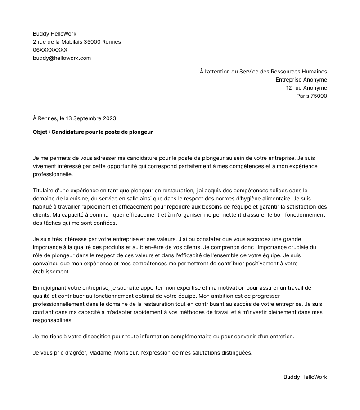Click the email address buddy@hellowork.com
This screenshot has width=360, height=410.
point(62,58)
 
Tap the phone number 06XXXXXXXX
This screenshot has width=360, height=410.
point(50,50)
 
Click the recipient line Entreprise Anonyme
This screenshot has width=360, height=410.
point(301,80)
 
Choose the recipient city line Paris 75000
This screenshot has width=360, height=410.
point(311,96)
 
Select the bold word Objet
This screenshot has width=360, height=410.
point(41,132)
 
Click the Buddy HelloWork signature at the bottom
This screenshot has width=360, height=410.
point(305,377)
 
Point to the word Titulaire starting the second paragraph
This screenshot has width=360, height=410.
point(45,191)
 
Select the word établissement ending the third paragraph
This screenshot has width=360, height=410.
point(51,272)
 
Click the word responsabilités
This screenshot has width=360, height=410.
point(52,320)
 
